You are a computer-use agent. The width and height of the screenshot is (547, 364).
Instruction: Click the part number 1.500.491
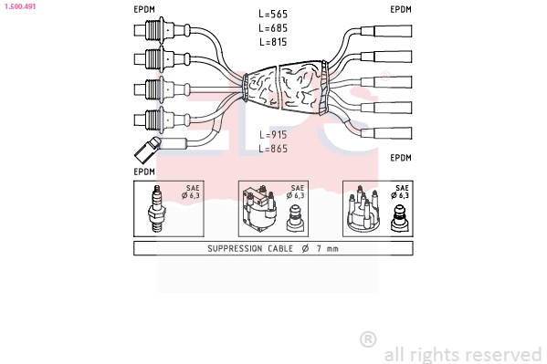click(20, 6)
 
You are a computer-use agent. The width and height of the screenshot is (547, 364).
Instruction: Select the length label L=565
click(273, 14)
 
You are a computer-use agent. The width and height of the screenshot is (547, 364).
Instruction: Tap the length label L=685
click(273, 28)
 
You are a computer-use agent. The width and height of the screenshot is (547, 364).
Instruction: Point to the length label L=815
click(273, 42)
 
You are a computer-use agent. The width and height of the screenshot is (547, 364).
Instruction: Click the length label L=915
click(273, 135)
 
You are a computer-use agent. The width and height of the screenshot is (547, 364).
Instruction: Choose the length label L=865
click(273, 149)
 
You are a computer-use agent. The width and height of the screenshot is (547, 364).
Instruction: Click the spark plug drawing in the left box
click(157, 209)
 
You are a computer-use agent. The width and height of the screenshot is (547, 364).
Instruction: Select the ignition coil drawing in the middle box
click(260, 209)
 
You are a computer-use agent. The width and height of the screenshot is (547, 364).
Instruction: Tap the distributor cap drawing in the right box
click(363, 209)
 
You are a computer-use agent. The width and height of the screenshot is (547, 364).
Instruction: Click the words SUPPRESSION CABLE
click(250, 248)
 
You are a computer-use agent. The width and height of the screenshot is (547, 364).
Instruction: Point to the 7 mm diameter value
click(328, 248)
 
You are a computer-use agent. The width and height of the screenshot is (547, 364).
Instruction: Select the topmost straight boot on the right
click(386, 31)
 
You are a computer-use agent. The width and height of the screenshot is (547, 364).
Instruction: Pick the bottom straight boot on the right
click(386, 133)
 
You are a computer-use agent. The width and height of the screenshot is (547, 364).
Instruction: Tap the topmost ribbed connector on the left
click(163, 30)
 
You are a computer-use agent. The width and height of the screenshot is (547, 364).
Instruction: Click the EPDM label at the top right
click(401, 9)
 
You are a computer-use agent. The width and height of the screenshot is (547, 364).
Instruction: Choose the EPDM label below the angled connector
click(144, 172)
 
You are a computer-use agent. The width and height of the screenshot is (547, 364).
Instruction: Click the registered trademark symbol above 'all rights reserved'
click(368, 339)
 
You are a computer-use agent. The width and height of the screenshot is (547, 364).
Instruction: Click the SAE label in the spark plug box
click(193, 188)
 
